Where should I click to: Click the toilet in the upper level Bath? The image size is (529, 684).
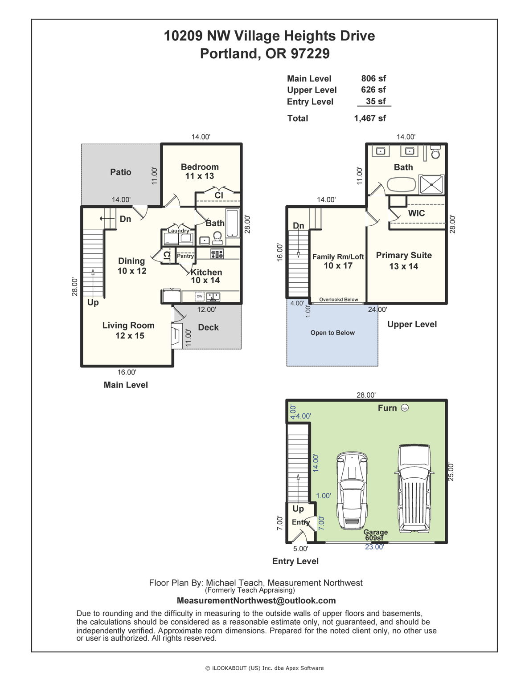coord(436,152)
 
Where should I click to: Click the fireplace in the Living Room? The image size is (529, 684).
coord(176,336)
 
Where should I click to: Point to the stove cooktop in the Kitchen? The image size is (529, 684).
coord(217,254)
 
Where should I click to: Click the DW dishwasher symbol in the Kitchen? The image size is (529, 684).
coord(199,296)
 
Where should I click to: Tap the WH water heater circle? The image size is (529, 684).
coord(405,408)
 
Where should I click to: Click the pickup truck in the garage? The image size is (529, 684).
coord(414,488)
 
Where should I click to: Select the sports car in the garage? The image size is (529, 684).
coord(352,493)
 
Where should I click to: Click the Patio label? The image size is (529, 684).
coord(121,172)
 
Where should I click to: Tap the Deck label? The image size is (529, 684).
coord(208,327)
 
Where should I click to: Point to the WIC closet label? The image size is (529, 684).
coord(416,213)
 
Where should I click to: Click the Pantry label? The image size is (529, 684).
coord(185,256)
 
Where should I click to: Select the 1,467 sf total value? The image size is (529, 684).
coord(370,118)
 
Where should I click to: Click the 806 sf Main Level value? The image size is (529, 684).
coord(373,78)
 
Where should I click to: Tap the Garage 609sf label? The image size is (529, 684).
coord(375,535)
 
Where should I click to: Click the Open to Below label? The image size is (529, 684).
coord(332,333)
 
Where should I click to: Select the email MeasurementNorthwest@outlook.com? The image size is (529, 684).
coord(256,601)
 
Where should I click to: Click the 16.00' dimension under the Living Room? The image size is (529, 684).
coord(127,372)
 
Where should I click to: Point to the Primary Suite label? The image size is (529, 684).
coord(404,255)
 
